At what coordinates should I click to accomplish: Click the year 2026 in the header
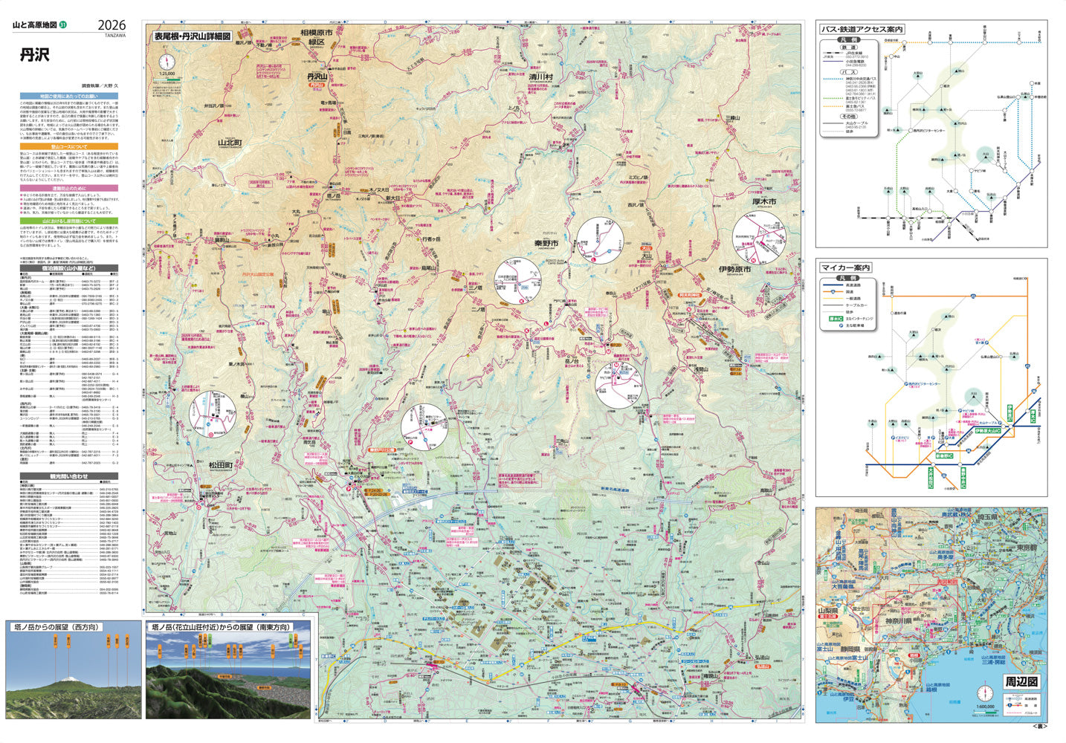[110, 25]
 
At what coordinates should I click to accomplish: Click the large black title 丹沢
[34, 55]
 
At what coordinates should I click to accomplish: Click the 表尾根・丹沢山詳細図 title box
[192, 36]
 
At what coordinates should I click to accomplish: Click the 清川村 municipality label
[542, 77]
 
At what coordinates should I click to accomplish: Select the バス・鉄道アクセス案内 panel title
[862, 30]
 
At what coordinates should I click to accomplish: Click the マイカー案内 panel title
[845, 267]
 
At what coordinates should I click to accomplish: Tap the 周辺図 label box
[1021, 681]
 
